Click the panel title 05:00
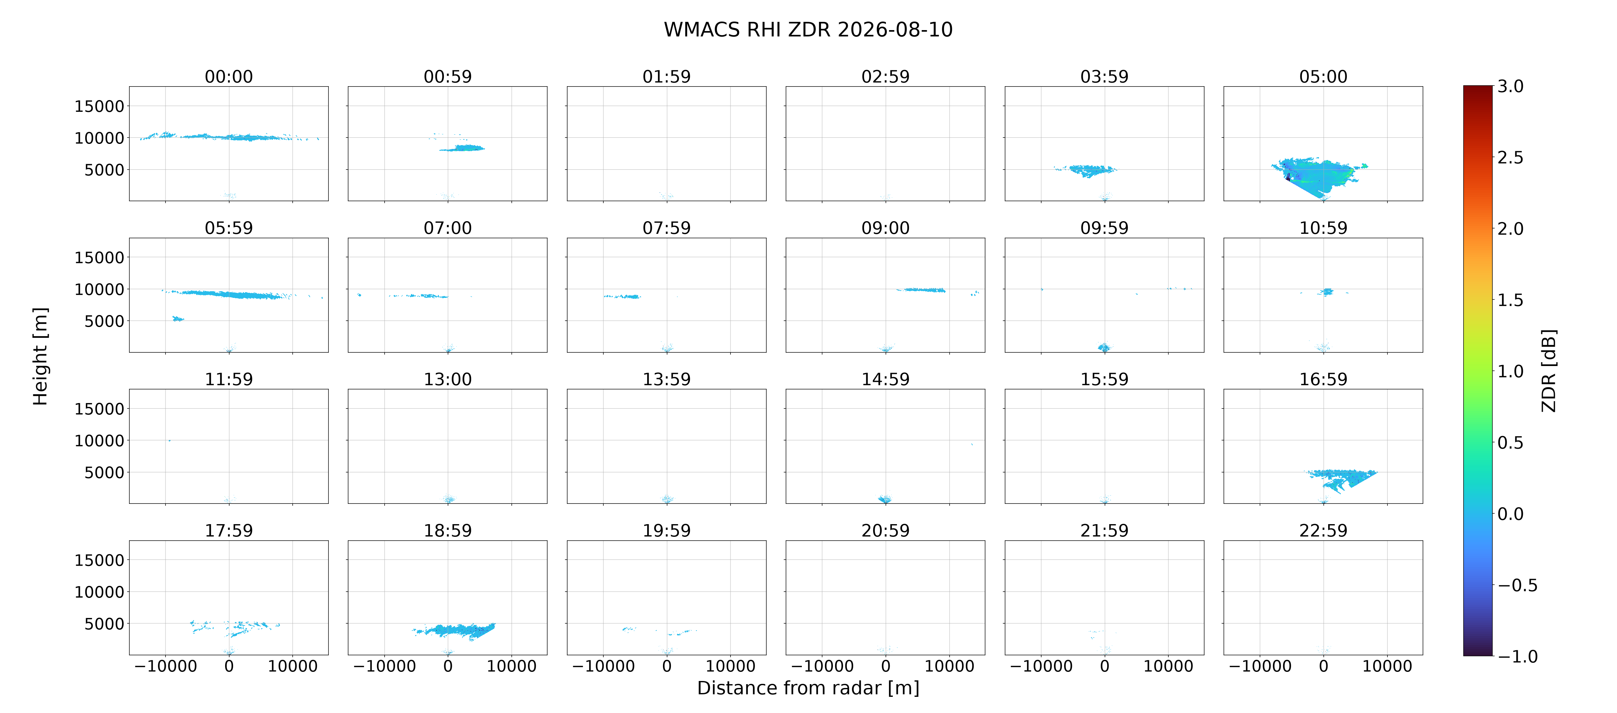coord(1323,77)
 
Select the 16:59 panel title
coord(1323,379)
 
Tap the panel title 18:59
coord(448,530)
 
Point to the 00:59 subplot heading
coord(448,77)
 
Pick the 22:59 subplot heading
coord(1323,530)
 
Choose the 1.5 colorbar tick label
coord(1510,300)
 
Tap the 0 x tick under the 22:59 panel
coord(1323,666)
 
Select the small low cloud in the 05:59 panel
coord(178,319)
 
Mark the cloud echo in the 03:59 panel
coord(1086,170)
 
